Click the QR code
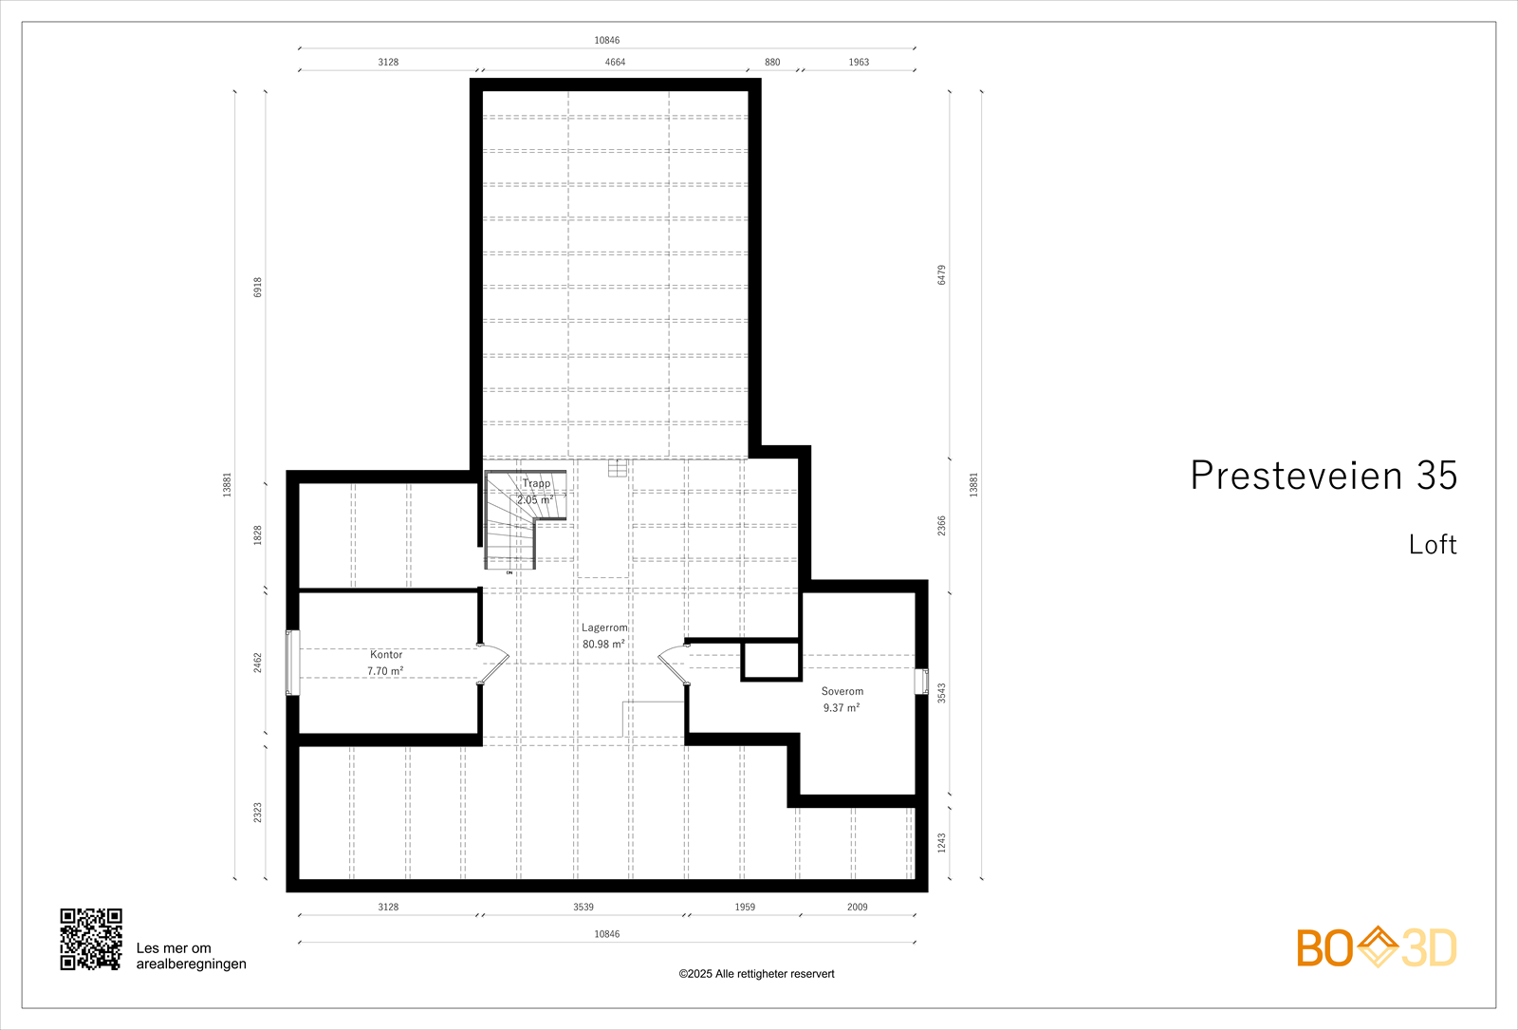tap(91, 939)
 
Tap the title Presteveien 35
tap(1323, 476)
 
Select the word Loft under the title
tap(1432, 545)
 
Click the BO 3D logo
tap(1376, 947)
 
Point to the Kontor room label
tap(386, 655)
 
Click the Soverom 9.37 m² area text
tap(841, 708)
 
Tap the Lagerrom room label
tap(604, 627)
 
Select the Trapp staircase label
tap(536, 483)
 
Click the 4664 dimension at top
tap(615, 62)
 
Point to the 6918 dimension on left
tap(257, 288)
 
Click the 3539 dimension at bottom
tap(583, 907)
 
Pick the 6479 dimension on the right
tap(941, 274)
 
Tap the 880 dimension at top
tap(772, 62)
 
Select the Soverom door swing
tap(673, 663)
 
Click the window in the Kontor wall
tap(292, 663)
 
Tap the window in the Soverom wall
tap(921, 682)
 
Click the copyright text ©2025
tap(756, 974)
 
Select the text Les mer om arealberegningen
tap(191, 956)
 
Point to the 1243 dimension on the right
tap(941, 843)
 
